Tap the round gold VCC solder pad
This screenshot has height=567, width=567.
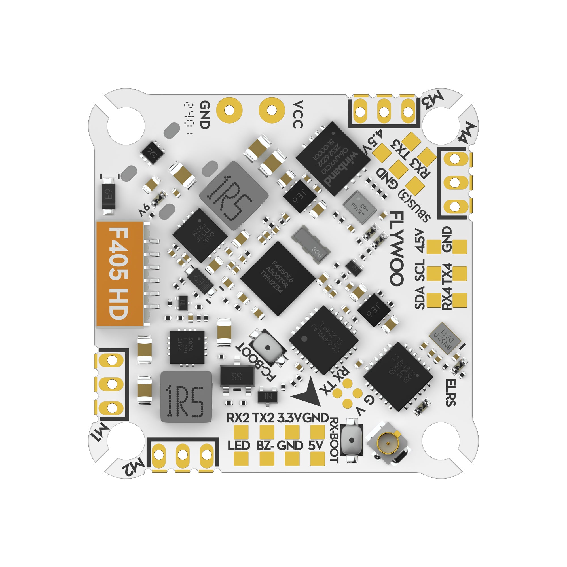(x=272, y=110)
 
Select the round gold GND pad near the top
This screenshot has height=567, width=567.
(x=229, y=110)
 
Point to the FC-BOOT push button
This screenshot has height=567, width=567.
(x=267, y=348)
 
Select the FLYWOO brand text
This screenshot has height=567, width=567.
(x=397, y=248)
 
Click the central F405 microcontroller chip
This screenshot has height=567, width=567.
(x=278, y=278)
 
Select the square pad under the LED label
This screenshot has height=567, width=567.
(x=241, y=458)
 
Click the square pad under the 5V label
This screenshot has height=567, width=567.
(x=318, y=458)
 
